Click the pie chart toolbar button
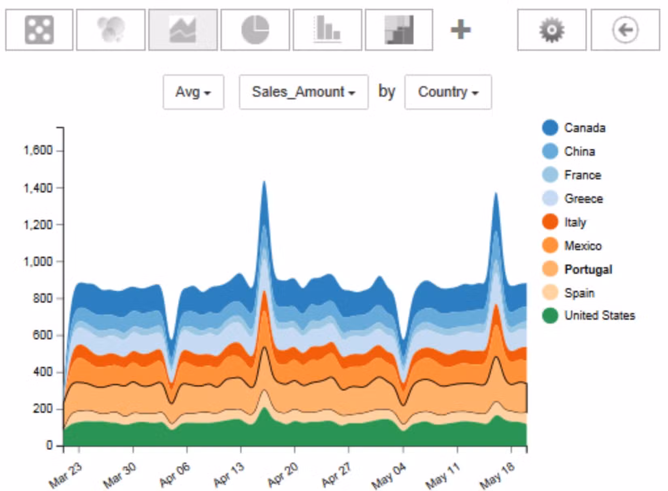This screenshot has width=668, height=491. [x=255, y=30]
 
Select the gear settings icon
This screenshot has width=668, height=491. [x=551, y=30]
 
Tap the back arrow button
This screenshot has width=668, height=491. [x=625, y=30]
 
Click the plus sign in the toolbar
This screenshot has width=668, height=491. [x=461, y=30]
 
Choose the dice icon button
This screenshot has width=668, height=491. [x=39, y=30]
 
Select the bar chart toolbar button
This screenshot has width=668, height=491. [x=327, y=30]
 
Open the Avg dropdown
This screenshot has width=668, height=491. [x=193, y=92]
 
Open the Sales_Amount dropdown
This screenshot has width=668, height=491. [x=304, y=92]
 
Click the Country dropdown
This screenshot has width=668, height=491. [x=448, y=92]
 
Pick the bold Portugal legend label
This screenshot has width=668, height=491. [x=588, y=269]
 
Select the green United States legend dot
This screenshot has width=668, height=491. [x=550, y=315]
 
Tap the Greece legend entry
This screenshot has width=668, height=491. [x=583, y=199]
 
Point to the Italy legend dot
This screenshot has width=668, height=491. [x=550, y=222]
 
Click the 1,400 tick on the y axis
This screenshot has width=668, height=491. [x=38, y=188]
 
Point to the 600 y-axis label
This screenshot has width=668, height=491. [x=43, y=335]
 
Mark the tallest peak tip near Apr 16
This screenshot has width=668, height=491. [x=264, y=182]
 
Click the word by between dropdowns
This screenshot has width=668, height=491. [x=387, y=92]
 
